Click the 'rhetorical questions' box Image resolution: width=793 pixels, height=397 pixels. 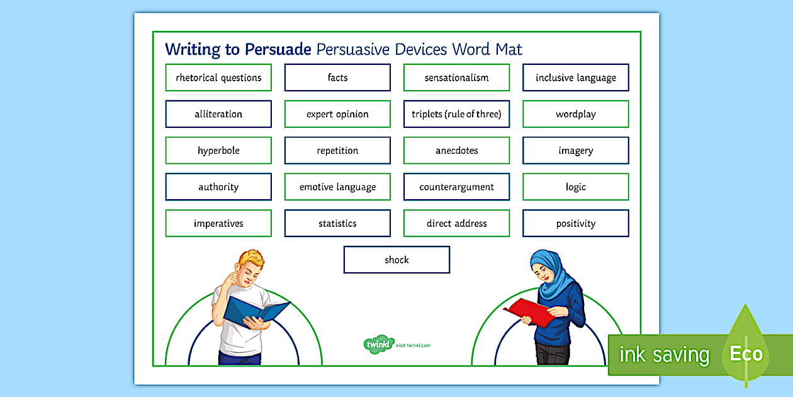tap(218, 78)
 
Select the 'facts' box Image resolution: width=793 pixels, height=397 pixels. tap(337, 78)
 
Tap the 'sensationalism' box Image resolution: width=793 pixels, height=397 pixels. tap(456, 78)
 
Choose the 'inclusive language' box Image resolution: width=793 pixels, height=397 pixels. tap(575, 78)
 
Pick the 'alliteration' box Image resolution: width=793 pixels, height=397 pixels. tap(218, 114)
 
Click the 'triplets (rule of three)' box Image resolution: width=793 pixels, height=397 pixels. tap(456, 114)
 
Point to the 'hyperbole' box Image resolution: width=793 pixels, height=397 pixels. tap(218, 151)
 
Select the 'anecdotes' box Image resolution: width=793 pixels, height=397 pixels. tap(456, 151)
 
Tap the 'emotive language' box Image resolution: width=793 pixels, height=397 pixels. tap(337, 187)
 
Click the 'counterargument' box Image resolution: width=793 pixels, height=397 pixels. tap(456, 187)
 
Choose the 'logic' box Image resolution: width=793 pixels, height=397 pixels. tap(575, 187)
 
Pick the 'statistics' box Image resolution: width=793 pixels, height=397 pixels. tap(337, 224)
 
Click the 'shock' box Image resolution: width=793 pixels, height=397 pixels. tap(396, 260)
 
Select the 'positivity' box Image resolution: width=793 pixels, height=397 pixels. tap(575, 224)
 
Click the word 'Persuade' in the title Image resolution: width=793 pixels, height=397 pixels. tap(278, 49)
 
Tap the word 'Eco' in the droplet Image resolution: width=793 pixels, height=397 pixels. tap(746, 354)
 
